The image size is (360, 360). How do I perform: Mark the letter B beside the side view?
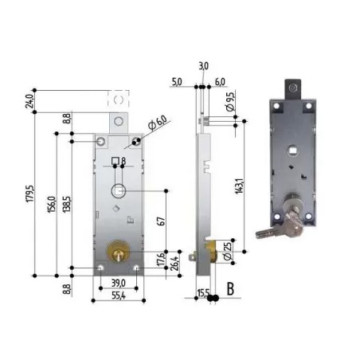tap(230, 288)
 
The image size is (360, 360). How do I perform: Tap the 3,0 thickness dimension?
tap(204, 66)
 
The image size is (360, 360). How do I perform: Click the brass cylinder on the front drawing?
tap(118, 253)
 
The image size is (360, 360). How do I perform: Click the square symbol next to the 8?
tap(115, 163)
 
